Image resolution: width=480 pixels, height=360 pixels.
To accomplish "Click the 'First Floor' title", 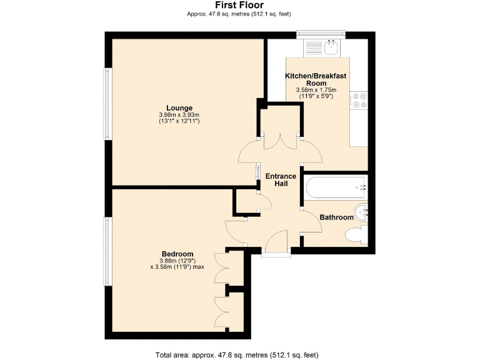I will (x=239, y=5).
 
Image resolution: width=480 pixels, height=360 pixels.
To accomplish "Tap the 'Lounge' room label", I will (x=179, y=107).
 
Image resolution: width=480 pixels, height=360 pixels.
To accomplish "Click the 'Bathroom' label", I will (x=336, y=217).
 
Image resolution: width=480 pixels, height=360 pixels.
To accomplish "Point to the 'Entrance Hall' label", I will (x=281, y=180).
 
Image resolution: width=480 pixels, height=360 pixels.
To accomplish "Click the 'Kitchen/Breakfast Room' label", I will (x=316, y=79).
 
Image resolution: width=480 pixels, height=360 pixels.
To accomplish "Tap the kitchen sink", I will (x=331, y=47).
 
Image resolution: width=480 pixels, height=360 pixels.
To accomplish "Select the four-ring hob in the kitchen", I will (x=359, y=101).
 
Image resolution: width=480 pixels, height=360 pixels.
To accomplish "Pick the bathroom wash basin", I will (x=362, y=212).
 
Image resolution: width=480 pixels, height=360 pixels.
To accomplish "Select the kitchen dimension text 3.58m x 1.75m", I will (x=316, y=91).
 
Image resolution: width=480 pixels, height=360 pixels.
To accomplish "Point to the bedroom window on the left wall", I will (x=107, y=251).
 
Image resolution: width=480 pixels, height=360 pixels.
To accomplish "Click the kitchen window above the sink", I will (x=321, y=32).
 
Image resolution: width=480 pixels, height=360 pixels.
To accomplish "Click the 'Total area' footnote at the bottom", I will (x=239, y=354).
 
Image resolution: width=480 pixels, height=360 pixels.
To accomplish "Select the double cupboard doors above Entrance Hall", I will (x=281, y=141).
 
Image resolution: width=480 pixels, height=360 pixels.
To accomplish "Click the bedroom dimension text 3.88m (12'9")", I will (x=176, y=261).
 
